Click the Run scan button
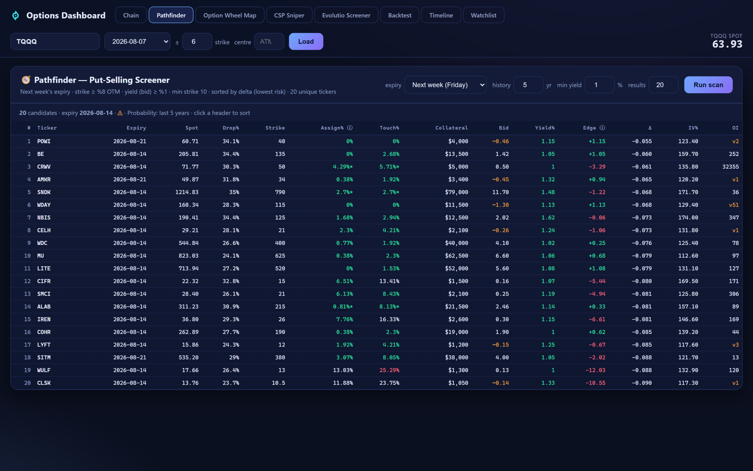pos(708,85)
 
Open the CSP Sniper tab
pos(289,15)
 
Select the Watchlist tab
pos(483,15)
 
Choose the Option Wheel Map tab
pos(230,15)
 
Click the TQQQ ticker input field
pos(55,41)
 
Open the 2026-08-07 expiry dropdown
pos(137,41)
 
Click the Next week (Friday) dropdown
pos(445,85)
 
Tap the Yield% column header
pos(545,128)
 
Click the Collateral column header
pos(451,128)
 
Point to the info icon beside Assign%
pos(350,128)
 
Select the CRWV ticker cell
pos(44,167)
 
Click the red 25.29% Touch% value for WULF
pos(389,370)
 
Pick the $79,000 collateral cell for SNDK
pos(457,192)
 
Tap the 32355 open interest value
pos(730,167)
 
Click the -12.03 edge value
pos(595,370)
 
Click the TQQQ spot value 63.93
pos(727,44)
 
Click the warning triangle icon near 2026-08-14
pos(120,113)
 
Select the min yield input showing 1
pos(600,85)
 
